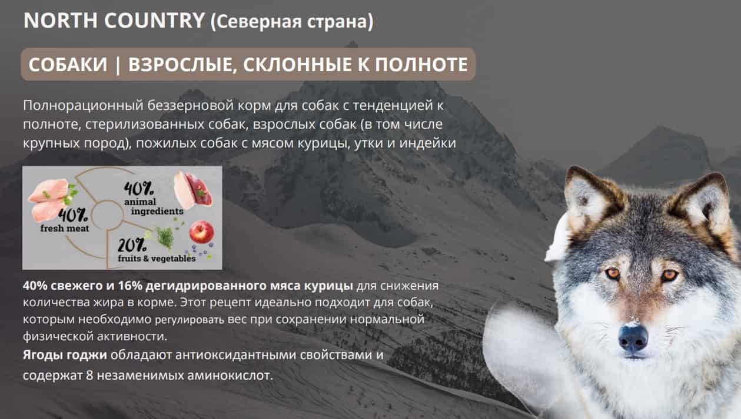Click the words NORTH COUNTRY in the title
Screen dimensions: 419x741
[114, 21]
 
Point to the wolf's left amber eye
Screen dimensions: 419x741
[612, 274]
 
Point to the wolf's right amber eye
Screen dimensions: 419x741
[669, 275]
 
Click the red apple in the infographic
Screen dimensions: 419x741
[201, 232]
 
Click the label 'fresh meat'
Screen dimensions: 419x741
[65, 229]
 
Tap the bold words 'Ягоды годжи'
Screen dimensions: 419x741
[65, 355]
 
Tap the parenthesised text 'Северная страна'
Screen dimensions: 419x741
[291, 22]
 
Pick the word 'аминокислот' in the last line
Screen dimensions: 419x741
[235, 375]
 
